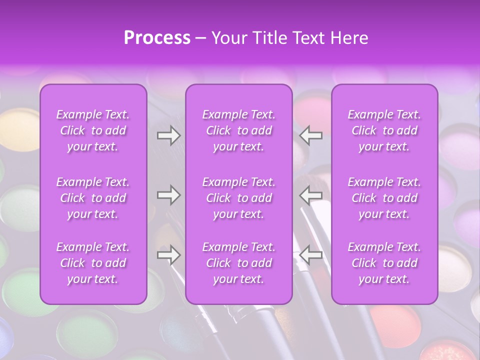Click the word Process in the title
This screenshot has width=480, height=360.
(x=157, y=38)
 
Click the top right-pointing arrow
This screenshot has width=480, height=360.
(x=168, y=135)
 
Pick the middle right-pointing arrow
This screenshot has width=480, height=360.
(x=168, y=195)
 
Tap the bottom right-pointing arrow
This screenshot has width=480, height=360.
(x=168, y=255)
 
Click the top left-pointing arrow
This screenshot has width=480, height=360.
(x=311, y=135)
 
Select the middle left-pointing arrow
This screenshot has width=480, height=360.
(x=311, y=195)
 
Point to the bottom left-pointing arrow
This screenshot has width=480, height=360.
(x=311, y=255)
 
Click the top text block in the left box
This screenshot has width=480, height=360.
(x=93, y=130)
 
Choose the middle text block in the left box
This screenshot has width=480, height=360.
(x=93, y=198)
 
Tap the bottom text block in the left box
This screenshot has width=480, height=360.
(x=93, y=263)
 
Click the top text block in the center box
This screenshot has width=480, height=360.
(x=239, y=130)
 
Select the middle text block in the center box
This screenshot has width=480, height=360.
(x=239, y=198)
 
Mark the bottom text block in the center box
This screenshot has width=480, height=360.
(x=239, y=263)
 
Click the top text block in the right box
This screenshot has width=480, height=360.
(x=384, y=130)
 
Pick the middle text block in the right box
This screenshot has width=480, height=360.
(x=384, y=198)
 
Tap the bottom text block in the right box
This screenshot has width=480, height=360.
(x=384, y=263)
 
